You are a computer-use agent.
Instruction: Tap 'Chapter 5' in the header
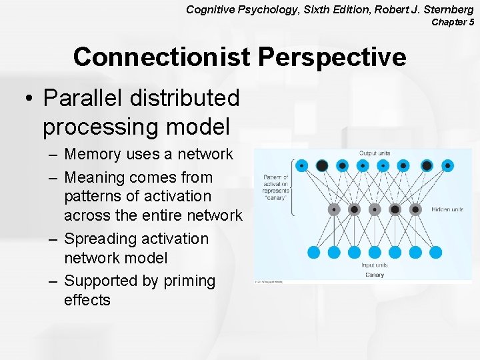[453, 22]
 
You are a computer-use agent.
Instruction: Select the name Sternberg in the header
[447, 9]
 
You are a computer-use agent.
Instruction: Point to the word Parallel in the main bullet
[83, 98]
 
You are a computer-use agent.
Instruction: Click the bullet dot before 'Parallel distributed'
[27, 99]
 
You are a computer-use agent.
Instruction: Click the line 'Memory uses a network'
[148, 154]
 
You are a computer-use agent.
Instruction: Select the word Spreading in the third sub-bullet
[100, 239]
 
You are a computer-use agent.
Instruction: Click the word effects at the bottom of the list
[87, 300]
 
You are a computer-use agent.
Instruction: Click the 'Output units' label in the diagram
[375, 153]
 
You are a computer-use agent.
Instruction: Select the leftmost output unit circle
[302, 165]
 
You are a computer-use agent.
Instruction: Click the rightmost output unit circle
[448, 165]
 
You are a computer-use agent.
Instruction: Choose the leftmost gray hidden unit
[333, 209]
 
